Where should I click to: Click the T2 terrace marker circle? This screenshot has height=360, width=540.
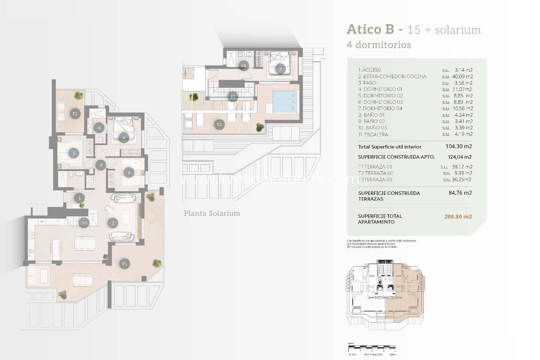pyautogui.click(x=75, y=114)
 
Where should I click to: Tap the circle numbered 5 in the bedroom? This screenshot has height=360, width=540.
pyautogui.click(x=74, y=153)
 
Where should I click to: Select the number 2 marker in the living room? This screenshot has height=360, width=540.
pyautogui.click(x=113, y=223)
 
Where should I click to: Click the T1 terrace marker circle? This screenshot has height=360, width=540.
pyautogui.click(x=125, y=264)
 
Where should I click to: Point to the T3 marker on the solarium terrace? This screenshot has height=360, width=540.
pyautogui.click(x=219, y=125)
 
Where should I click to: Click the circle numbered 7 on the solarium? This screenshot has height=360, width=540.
pyautogui.click(x=280, y=69)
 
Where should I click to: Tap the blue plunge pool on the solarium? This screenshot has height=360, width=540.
pyautogui.click(x=285, y=102)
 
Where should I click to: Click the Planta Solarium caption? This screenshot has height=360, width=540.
pyautogui.click(x=212, y=213)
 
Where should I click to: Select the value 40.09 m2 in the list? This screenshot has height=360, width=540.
pyautogui.click(x=462, y=76)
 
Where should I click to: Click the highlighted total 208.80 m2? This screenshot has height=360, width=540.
pyautogui.click(x=458, y=216)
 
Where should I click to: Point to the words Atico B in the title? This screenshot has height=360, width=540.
pyautogui.click(x=370, y=29)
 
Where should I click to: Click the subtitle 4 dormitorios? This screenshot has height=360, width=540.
pyautogui.click(x=379, y=45)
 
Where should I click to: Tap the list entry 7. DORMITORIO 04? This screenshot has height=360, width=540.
pyautogui.click(x=380, y=108)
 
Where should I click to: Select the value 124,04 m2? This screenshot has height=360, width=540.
pyautogui.click(x=460, y=157)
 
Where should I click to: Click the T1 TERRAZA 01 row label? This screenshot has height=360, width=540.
pyautogui.click(x=375, y=166)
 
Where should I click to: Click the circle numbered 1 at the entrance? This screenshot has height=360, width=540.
pyautogui.click(x=79, y=198)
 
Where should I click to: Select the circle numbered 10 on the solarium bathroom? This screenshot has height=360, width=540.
pyautogui.click(x=243, y=66)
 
